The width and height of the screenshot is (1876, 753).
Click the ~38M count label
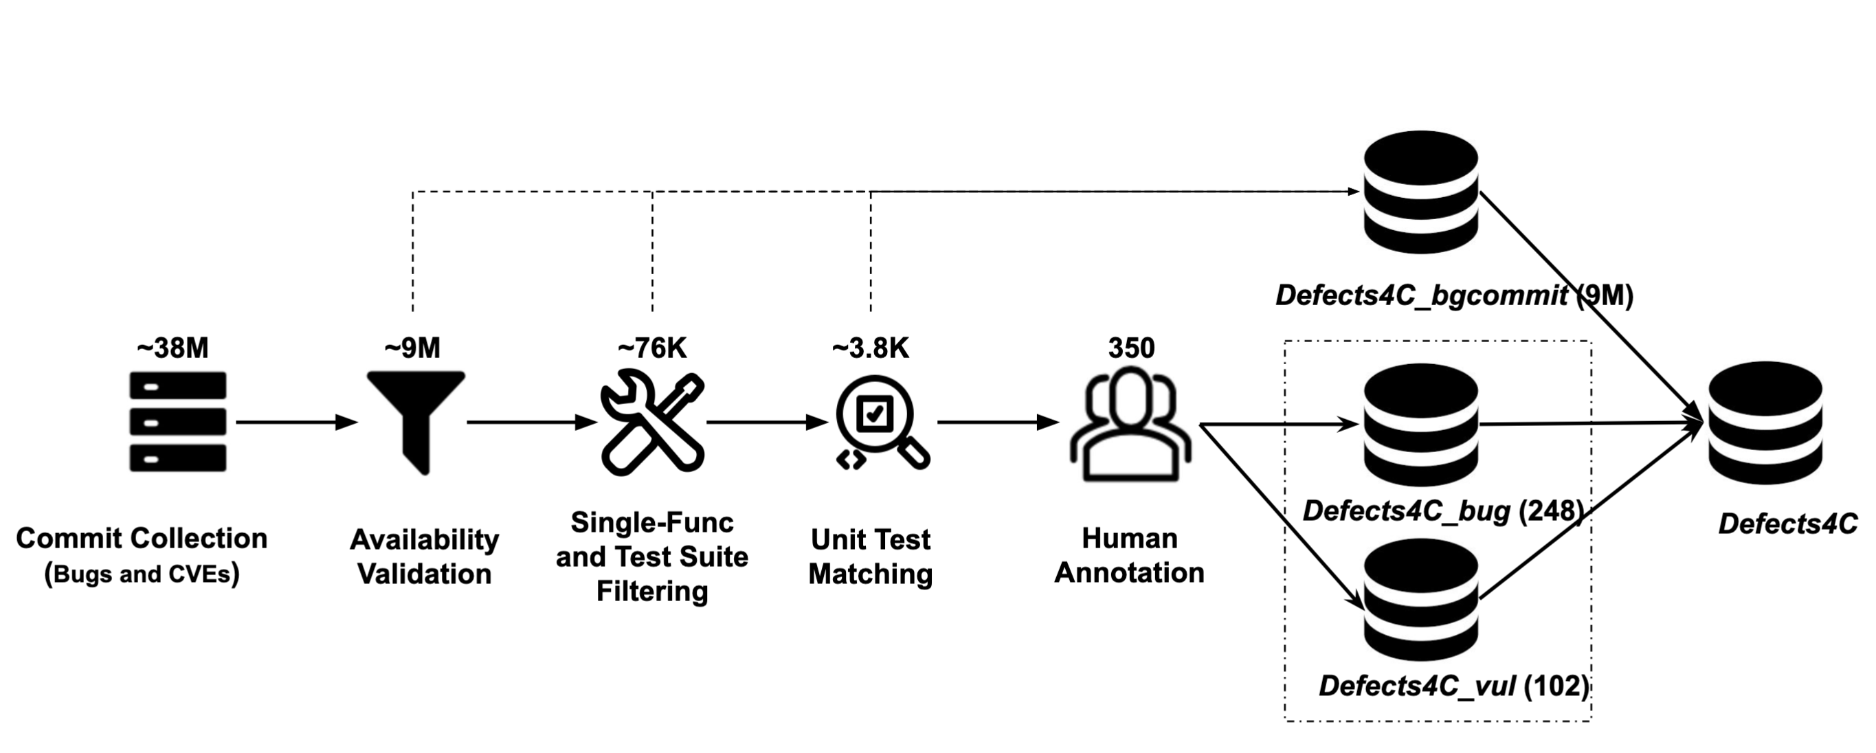(172, 348)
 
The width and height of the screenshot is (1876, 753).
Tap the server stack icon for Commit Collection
(178, 422)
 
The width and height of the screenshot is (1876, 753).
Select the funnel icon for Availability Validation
(416, 422)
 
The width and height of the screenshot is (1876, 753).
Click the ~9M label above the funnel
(412, 348)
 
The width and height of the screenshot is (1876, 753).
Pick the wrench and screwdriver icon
(652, 422)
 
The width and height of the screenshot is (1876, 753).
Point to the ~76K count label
(652, 348)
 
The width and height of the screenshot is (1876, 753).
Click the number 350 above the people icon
(1131, 348)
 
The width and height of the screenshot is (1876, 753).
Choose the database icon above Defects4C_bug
(1421, 425)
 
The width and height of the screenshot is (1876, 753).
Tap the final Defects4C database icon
(1765, 423)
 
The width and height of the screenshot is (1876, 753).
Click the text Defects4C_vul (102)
(1453, 686)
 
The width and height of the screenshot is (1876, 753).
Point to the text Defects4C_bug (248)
(1442, 511)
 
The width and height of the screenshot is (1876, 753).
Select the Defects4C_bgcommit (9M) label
(1454, 295)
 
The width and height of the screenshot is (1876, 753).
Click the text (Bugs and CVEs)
(142, 574)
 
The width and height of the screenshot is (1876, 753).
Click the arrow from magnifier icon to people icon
(998, 422)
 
